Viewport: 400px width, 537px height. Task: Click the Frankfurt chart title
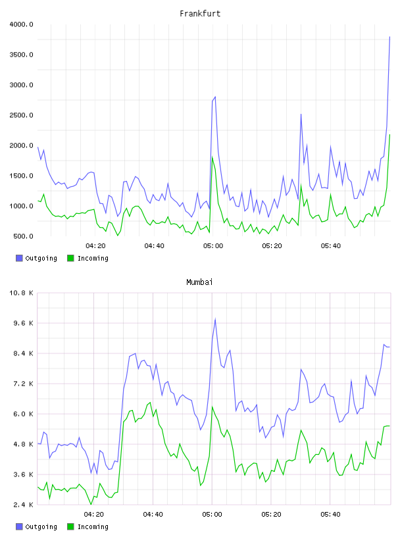(x=200, y=14)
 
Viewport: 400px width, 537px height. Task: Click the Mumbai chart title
(x=199, y=282)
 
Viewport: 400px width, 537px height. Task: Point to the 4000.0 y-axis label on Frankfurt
(x=21, y=24)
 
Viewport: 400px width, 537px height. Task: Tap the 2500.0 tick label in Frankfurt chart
(x=21, y=115)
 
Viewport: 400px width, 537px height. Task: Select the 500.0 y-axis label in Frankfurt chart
(x=23, y=236)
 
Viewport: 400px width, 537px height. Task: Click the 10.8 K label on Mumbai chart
(x=21, y=293)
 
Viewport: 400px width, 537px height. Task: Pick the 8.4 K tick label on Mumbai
(x=23, y=353)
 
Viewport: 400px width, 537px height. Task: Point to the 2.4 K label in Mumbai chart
(x=23, y=505)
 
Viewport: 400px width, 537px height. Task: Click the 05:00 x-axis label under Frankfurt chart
(x=213, y=246)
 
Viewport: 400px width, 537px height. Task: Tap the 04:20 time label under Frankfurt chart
(x=95, y=246)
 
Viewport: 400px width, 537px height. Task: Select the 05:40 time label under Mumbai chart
(x=330, y=515)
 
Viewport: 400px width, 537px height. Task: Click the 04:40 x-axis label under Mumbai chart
(x=153, y=515)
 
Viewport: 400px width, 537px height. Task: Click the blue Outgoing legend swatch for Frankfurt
(x=19, y=258)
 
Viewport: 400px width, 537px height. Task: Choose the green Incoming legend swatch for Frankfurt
(x=70, y=258)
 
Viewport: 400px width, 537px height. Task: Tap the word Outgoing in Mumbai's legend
(x=41, y=526)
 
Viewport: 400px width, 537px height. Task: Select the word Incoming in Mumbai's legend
(x=93, y=526)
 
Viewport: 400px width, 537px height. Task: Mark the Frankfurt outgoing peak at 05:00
(x=215, y=97)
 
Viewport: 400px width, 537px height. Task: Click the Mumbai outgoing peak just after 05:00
(x=215, y=319)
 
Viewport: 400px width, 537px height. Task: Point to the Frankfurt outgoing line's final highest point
(x=389, y=37)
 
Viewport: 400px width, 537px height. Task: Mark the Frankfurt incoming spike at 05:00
(x=213, y=157)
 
